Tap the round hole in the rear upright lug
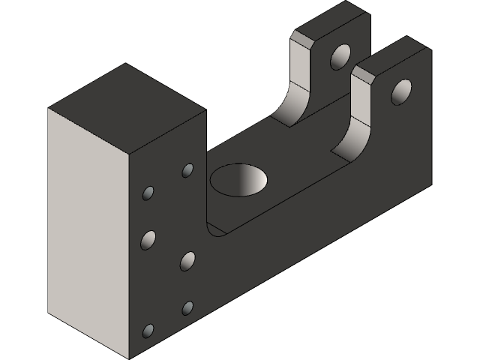(340, 56)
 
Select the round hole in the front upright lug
(401, 91)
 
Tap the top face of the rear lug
(330, 21)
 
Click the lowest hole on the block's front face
(148, 331)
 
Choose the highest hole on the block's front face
(187, 170)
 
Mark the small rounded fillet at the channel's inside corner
(214, 228)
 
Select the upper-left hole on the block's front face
(148, 194)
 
